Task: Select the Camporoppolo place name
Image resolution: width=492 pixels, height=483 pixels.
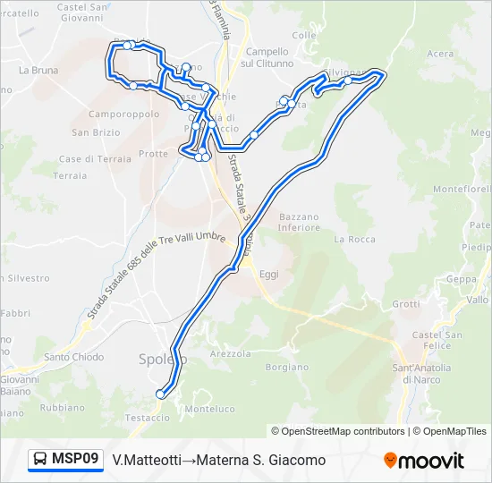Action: [x=123, y=114]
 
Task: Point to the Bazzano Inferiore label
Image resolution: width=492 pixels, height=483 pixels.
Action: [x=299, y=222]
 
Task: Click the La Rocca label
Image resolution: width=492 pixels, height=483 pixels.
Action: [x=354, y=239]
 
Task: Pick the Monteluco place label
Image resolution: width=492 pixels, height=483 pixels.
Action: [x=208, y=409]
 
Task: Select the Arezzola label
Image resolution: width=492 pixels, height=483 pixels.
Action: [x=230, y=353]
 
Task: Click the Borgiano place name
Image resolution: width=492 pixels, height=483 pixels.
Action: [x=286, y=367]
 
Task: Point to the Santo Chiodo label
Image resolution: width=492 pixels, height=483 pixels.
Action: [x=74, y=357]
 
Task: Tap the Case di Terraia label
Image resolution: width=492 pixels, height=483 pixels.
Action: [x=94, y=158]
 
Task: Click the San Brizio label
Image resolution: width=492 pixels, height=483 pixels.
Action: [x=96, y=132]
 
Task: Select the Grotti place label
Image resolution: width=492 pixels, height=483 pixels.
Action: [x=405, y=303]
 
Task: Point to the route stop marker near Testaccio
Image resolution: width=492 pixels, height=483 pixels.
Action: [x=161, y=394]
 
